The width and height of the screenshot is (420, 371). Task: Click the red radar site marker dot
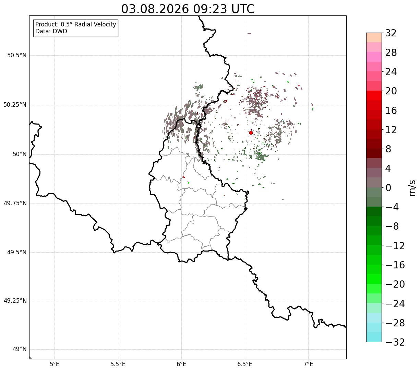click(251, 132)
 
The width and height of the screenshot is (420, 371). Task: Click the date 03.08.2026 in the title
click(155, 9)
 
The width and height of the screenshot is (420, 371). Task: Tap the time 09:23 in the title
click(210, 9)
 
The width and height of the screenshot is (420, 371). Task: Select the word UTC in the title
click(243, 9)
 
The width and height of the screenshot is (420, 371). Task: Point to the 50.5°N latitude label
click(17, 55)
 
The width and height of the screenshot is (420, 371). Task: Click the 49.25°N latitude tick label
click(15, 301)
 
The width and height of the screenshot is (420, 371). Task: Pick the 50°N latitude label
click(20, 154)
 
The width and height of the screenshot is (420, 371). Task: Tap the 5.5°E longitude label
click(118, 364)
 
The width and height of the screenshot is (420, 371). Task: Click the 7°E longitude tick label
click(308, 364)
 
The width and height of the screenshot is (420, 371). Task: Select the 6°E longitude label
click(181, 364)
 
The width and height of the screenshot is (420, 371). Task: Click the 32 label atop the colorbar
click(391, 33)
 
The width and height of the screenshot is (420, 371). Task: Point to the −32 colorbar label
click(395, 342)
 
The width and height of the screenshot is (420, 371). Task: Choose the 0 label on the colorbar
click(388, 188)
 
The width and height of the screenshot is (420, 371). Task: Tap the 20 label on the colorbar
click(391, 91)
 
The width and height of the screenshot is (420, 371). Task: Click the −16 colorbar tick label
click(395, 265)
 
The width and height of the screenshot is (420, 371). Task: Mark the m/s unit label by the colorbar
click(412, 188)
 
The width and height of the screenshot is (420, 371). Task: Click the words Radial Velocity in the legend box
click(95, 24)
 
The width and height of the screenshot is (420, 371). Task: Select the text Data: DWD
click(51, 31)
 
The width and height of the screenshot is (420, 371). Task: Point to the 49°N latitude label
click(20, 349)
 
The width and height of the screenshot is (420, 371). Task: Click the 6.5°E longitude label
click(245, 364)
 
